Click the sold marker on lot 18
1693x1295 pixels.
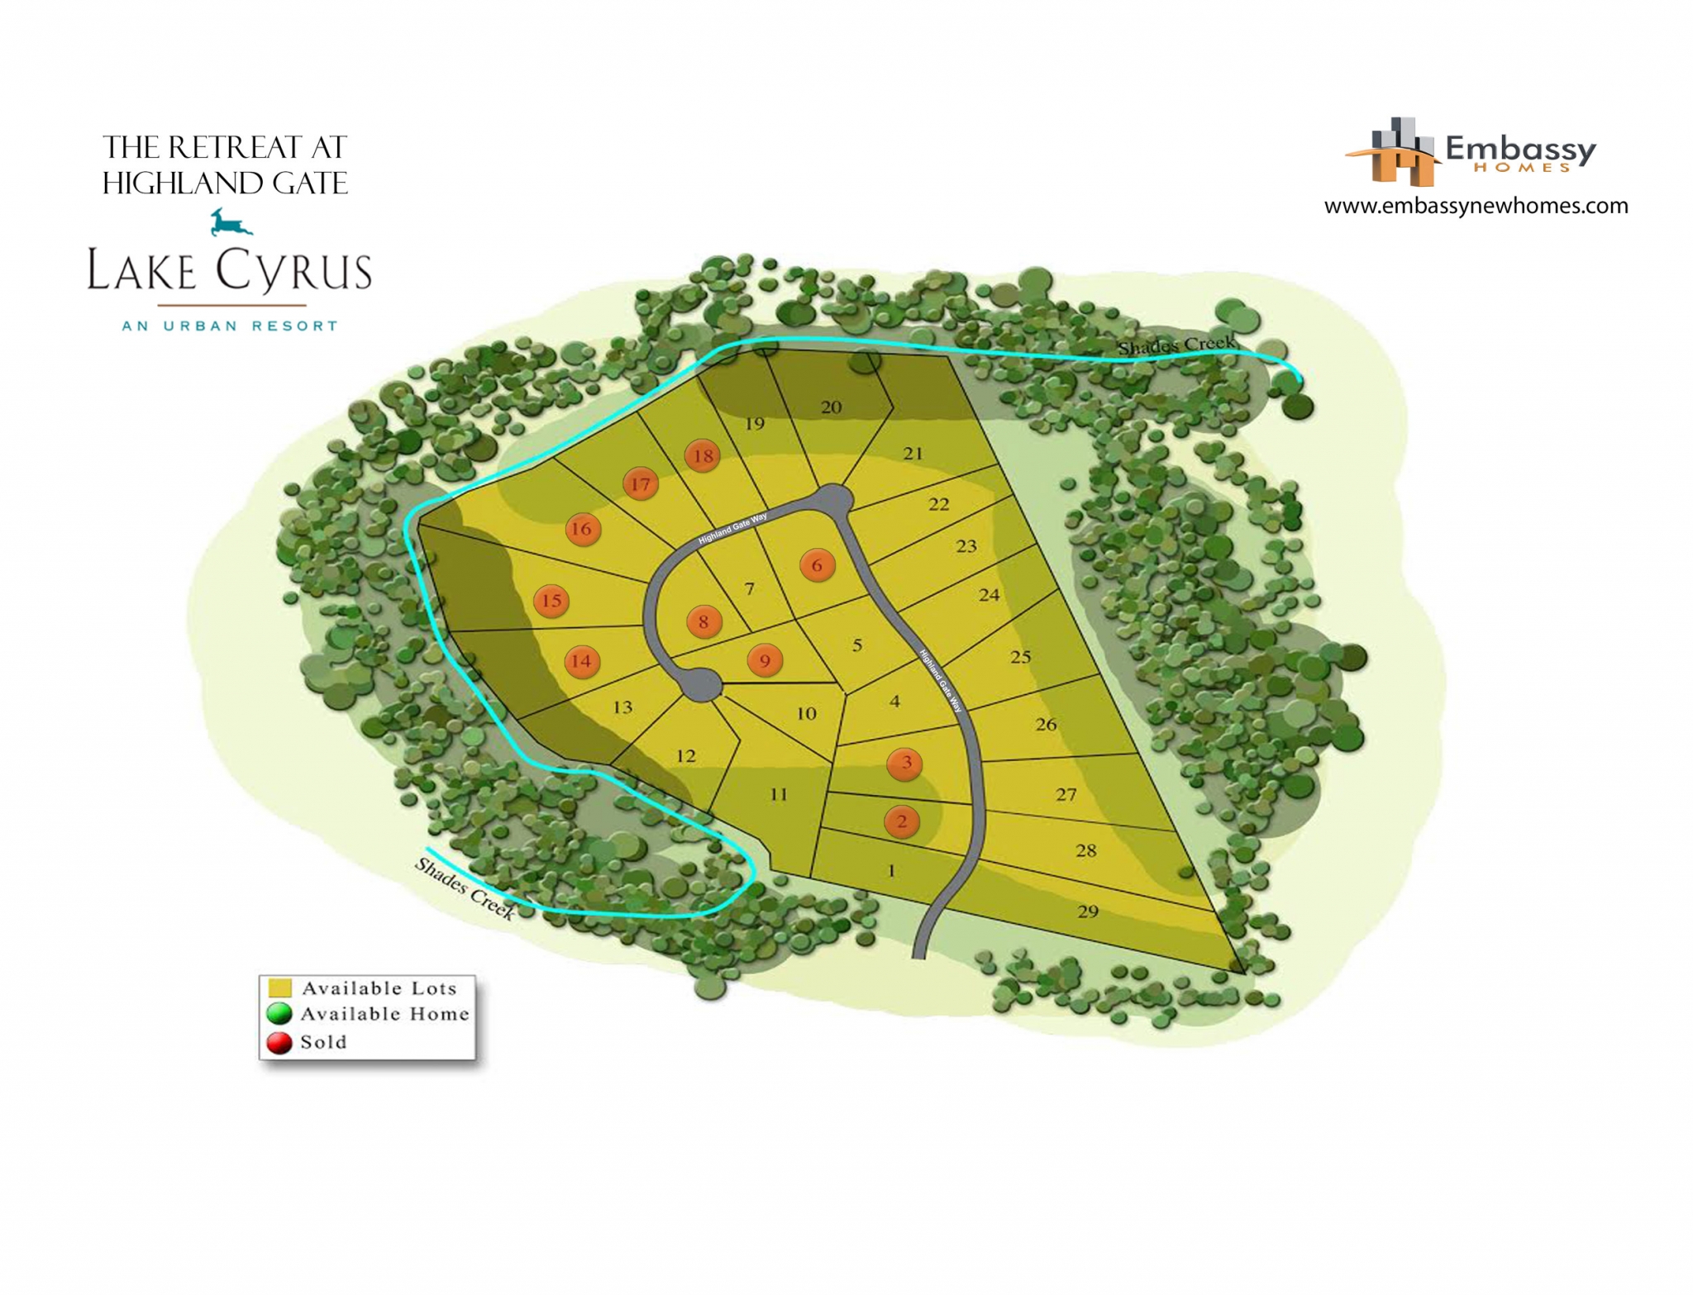pos(703,455)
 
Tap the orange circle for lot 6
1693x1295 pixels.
pos(818,565)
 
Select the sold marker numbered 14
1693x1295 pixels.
pos(582,661)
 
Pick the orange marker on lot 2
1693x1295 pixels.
pos(902,821)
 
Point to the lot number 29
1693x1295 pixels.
pos(1088,911)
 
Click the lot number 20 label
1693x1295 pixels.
pos(832,407)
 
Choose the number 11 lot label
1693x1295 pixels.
pos(779,794)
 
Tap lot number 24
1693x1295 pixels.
pos(989,594)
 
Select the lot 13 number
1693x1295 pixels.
pos(622,707)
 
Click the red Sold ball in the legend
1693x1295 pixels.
pos(279,1042)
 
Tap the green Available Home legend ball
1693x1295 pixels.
pos(279,1014)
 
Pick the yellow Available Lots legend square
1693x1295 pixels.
pos(280,988)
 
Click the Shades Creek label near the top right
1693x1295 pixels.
pos(1176,345)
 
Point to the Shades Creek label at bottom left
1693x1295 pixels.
pos(465,888)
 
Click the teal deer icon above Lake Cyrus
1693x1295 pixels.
pos(230,222)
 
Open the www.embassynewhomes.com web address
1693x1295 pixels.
pos(1476,206)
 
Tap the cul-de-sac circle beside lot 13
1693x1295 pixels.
pos(701,684)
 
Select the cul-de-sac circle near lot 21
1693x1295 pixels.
pos(833,499)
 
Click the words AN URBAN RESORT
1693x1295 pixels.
pos(231,326)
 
